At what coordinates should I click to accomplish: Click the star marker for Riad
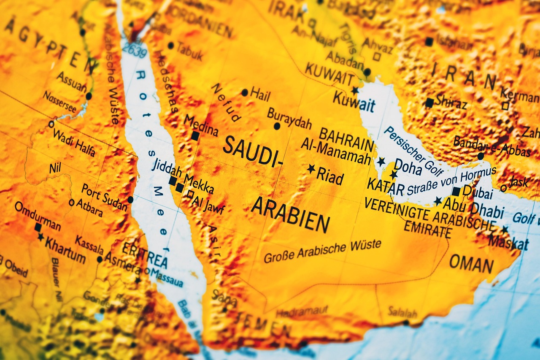click(x=311, y=169)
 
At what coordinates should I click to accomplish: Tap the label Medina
click(x=201, y=125)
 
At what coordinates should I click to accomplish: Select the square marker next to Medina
click(x=195, y=136)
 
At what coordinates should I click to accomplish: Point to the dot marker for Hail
click(x=245, y=92)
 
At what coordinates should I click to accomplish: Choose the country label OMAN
click(x=471, y=264)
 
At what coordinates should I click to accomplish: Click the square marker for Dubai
click(x=456, y=191)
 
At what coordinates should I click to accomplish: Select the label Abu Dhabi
click(x=472, y=206)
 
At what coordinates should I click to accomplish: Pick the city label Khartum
click(x=65, y=244)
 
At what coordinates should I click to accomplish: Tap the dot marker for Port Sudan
click(x=130, y=199)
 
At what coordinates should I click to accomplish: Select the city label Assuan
click(x=71, y=81)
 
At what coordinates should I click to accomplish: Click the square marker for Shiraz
click(x=429, y=103)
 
